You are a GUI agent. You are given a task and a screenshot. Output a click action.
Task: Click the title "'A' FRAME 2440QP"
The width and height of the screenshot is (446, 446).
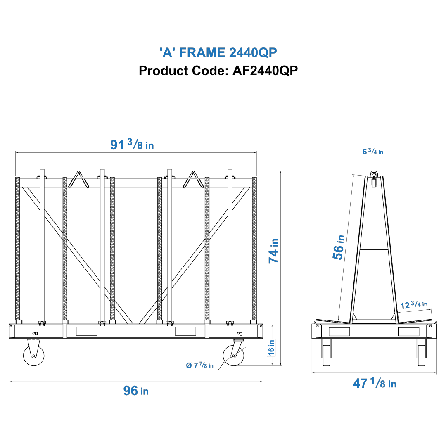[x=218, y=52]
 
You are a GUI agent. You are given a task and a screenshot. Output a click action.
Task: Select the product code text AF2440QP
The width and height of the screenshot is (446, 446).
[x=265, y=71]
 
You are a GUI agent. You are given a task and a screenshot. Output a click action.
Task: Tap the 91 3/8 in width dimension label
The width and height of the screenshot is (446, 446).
[x=132, y=145]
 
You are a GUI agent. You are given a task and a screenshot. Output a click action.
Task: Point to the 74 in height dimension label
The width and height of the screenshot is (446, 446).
[x=273, y=251]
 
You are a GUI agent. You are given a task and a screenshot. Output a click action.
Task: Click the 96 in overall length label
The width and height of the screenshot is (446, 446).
[x=136, y=390]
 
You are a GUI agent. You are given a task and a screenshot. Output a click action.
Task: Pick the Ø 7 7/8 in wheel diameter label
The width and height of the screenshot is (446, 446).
[x=199, y=365]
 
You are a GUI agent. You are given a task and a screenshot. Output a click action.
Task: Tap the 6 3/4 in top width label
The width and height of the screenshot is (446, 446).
[x=373, y=152]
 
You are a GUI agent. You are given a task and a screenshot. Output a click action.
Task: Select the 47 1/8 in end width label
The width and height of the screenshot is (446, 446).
[x=374, y=384]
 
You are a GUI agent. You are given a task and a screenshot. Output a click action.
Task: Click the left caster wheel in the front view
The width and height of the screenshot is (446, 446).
[x=33, y=355]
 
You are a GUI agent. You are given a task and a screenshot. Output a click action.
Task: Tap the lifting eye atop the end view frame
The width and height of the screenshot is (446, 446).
[x=374, y=176]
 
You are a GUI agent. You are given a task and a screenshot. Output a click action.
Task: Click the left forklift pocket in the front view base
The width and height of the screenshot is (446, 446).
[x=87, y=331]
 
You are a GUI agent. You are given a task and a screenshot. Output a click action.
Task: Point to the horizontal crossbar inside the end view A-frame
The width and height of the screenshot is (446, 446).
[x=373, y=249]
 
